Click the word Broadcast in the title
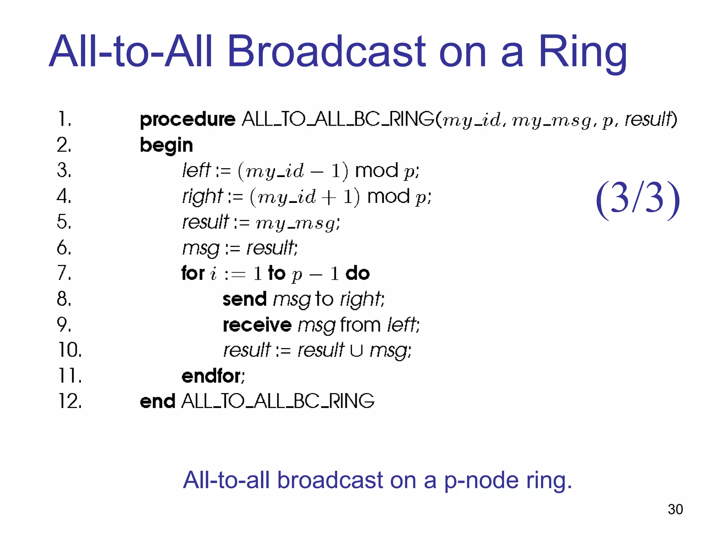click(x=326, y=52)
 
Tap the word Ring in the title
click(x=582, y=52)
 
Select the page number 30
click(x=675, y=510)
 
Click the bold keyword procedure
click(x=187, y=120)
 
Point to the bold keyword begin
click(x=166, y=145)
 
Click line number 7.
click(x=64, y=273)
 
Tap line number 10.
click(x=70, y=350)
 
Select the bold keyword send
click(x=245, y=299)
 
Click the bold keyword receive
click(x=257, y=325)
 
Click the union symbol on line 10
click(x=356, y=351)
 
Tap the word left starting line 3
click(x=196, y=170)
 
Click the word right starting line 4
click(x=202, y=197)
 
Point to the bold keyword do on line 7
click(x=357, y=274)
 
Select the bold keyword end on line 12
click(x=157, y=402)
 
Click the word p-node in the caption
click(x=481, y=480)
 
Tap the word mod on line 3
click(x=377, y=171)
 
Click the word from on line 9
click(x=360, y=325)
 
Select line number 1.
click(x=64, y=120)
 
